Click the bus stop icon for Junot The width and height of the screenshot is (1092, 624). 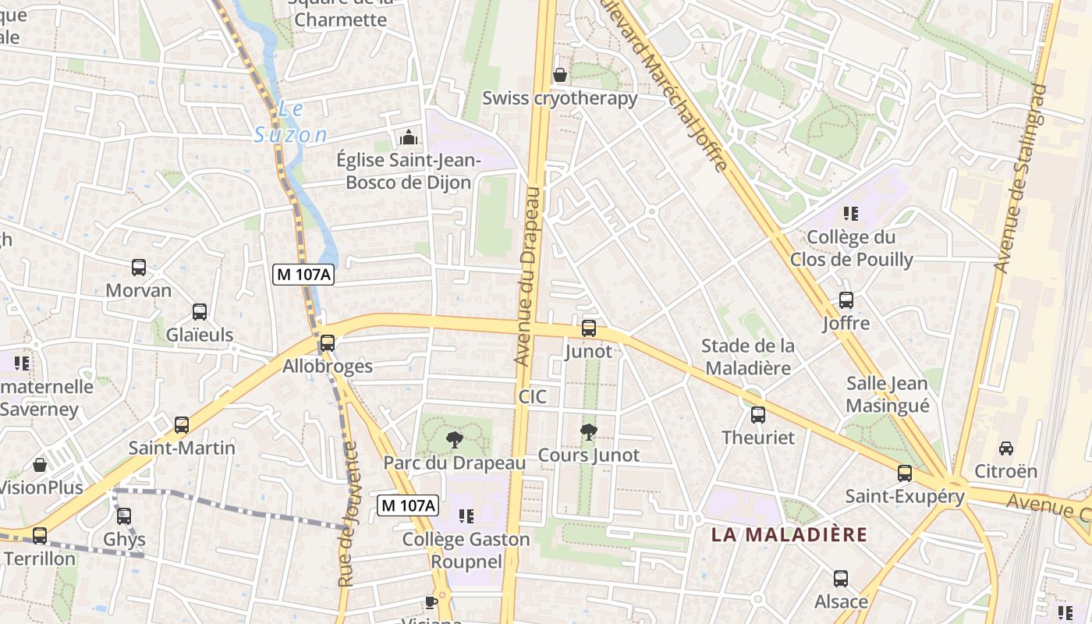tap(589, 328)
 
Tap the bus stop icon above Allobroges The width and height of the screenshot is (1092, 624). tap(328, 343)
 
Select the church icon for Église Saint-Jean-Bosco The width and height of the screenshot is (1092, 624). tap(408, 138)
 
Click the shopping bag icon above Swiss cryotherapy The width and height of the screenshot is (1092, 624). tap(559, 76)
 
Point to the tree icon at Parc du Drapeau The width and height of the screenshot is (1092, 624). tap(454, 440)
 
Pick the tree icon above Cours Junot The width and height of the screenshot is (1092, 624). tap(589, 431)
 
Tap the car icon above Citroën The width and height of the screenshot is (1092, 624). tap(1006, 448)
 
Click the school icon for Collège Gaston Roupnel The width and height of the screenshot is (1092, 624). tap(466, 516)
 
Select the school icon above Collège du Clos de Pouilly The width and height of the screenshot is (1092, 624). tap(851, 213)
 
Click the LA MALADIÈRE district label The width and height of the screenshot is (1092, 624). tap(789, 534)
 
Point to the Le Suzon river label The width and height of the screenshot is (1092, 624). tap(291, 122)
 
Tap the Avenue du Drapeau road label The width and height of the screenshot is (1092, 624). tap(529, 276)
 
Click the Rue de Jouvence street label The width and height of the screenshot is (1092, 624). tap(348, 514)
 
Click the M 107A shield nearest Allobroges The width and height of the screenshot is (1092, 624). tap(303, 275)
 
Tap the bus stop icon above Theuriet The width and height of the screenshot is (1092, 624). tap(757, 415)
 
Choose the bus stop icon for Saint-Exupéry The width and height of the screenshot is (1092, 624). tap(905, 473)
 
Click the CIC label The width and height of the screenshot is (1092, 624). tap(533, 397)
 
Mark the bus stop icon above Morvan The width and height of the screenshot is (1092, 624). tap(139, 268)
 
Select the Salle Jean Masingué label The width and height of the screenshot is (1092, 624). tap(888, 395)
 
